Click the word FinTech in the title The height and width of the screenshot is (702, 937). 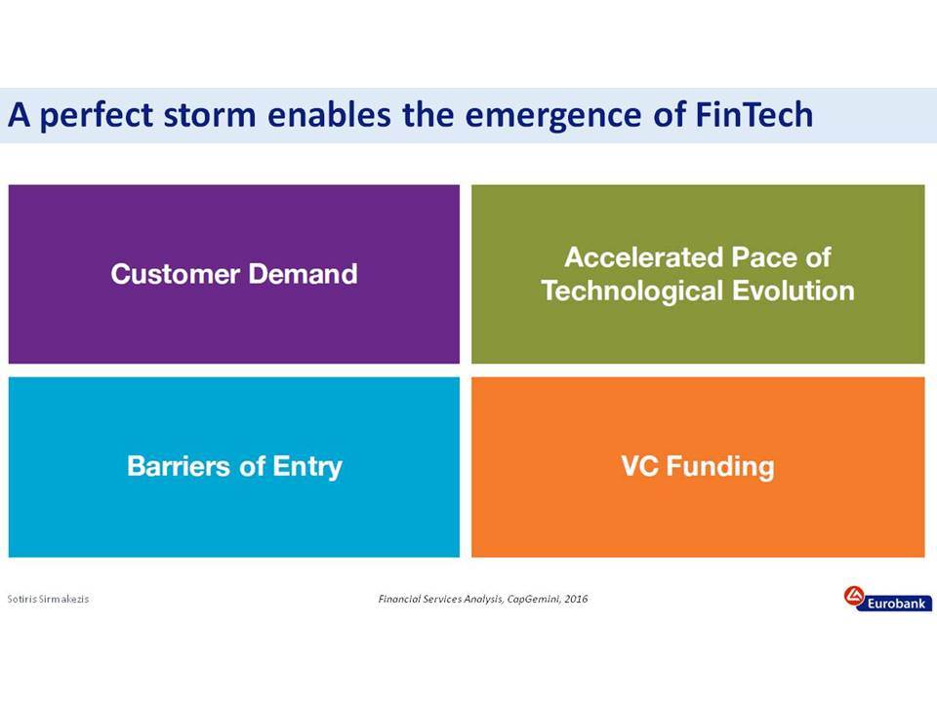tap(754, 114)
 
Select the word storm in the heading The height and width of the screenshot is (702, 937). tap(209, 114)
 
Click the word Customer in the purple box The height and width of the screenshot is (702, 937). tap(175, 274)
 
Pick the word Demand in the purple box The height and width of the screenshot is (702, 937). tap(303, 273)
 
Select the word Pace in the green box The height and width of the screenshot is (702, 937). tap(764, 257)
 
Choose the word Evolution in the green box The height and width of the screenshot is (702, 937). tap(793, 291)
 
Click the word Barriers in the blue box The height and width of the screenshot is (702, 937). tap(178, 466)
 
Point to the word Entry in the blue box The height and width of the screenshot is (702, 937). tap(307, 467)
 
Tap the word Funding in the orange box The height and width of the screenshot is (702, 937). tap(720, 467)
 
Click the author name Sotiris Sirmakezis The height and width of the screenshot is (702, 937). tap(48, 599)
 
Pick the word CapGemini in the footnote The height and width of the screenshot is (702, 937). tap(533, 599)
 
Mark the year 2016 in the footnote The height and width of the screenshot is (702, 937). tap(576, 599)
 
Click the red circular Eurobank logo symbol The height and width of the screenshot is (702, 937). tap(854, 596)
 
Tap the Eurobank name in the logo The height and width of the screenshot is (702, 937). tap(896, 604)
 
